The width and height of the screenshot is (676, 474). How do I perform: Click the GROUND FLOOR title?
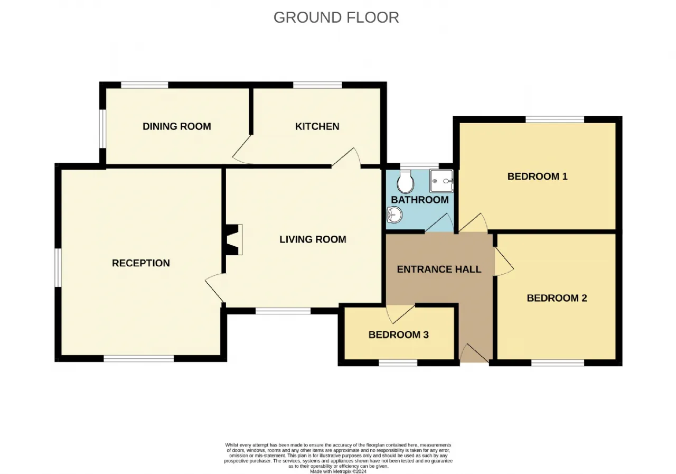click(x=336, y=17)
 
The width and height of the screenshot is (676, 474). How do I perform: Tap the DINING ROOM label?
click(x=177, y=126)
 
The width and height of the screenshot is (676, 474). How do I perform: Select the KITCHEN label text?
click(x=317, y=126)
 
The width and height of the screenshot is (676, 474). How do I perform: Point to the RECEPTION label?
click(x=141, y=263)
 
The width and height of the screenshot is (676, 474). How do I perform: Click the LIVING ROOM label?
click(x=313, y=239)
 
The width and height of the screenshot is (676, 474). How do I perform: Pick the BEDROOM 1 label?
click(x=538, y=176)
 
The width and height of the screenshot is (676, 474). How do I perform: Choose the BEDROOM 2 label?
click(x=557, y=298)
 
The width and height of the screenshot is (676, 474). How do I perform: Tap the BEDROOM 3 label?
click(x=399, y=334)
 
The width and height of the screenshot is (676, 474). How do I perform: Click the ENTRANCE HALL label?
click(x=439, y=269)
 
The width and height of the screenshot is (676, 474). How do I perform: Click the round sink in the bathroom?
click(x=394, y=215)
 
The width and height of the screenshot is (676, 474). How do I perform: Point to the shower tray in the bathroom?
click(x=442, y=181)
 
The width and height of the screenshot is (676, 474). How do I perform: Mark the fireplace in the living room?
click(x=233, y=239)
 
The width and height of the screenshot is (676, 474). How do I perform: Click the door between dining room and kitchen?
click(x=242, y=150)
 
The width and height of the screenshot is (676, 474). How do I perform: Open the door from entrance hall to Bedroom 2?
click(x=503, y=261)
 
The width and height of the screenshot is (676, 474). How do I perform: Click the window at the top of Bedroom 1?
click(x=555, y=119)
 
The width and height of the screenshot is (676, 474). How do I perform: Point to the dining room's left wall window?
click(x=103, y=128)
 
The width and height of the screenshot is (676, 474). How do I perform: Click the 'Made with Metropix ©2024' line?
click(x=339, y=471)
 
